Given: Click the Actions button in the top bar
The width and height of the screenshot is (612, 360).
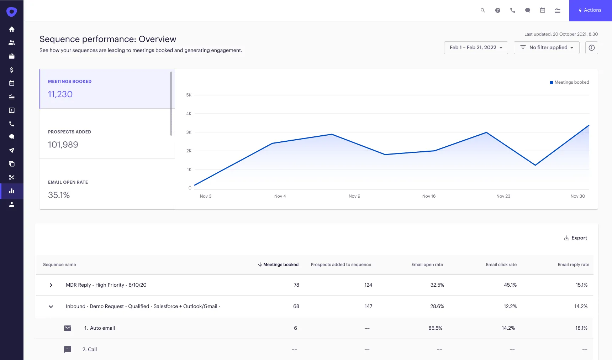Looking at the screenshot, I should coord(590,10).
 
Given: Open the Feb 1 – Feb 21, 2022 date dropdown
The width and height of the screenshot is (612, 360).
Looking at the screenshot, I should coord(476,48).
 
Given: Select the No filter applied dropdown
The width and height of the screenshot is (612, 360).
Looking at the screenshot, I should coord(547,48).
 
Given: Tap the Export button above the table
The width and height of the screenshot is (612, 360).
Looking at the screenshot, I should coord(575,238).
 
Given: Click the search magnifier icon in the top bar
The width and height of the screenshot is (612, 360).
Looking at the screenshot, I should coord(483,10).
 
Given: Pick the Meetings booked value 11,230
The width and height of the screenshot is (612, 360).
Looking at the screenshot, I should coord(60,94).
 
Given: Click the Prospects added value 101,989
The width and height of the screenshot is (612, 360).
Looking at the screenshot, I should coord(63,145).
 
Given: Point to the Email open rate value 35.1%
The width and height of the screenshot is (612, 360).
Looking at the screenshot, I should coord(59,195).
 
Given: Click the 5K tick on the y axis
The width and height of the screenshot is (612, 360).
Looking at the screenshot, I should coord(189,95).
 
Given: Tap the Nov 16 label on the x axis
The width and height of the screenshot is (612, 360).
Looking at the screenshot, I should coord(429,196).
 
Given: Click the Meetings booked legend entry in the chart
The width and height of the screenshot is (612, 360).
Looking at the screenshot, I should coord(569,82).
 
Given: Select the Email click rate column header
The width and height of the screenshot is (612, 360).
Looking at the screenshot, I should coord(501,265).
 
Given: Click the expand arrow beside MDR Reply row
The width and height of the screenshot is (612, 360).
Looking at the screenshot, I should coord(51,285).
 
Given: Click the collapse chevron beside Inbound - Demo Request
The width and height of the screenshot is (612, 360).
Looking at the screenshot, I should coord(51,307).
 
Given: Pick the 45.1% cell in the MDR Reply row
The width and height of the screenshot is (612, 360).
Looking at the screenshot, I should coord(510,285).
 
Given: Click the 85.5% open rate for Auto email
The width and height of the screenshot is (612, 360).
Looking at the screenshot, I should coord(435,328).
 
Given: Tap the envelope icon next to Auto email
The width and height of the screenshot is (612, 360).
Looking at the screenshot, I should coord(68,328).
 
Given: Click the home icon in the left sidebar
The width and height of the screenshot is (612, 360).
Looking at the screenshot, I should coord(12,29).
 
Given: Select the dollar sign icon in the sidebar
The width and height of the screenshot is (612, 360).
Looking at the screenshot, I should coord(12,70).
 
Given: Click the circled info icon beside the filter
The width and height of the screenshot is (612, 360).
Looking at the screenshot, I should coord(591,48).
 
